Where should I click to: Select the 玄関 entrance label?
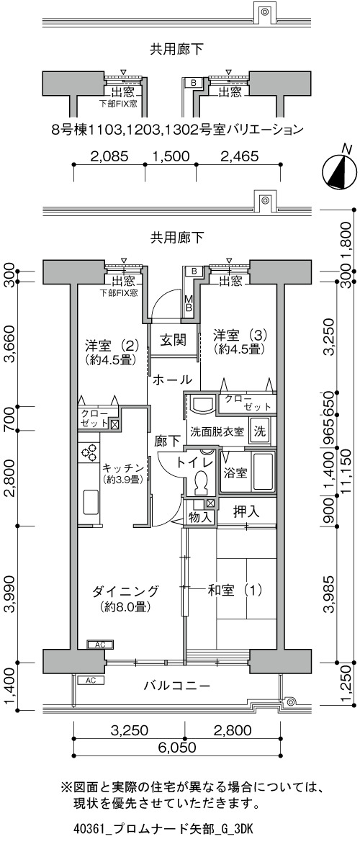coord(173,340)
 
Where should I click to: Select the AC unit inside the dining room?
coord(100,645)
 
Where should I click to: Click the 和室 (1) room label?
coord(234,589)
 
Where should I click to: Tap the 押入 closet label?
coord(246,511)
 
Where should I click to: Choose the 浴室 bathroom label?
coord(235,472)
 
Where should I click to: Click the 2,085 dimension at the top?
coord(109,156)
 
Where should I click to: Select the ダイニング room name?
coord(125,591)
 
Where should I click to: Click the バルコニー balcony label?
coord(176,685)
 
